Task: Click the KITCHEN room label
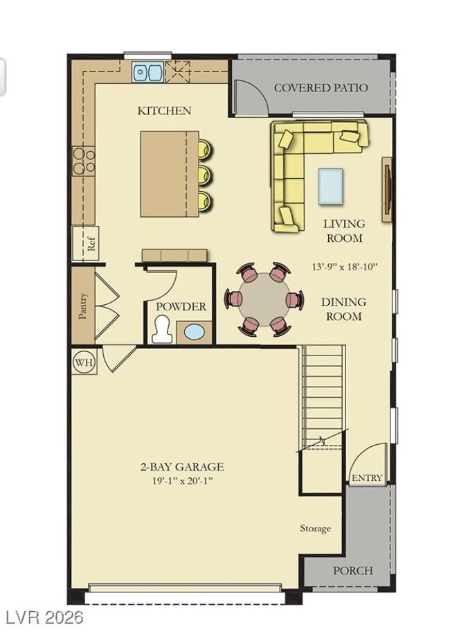point(164,110)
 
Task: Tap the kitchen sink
point(147,71)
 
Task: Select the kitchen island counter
point(169,174)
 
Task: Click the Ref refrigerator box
point(86,243)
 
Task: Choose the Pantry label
point(83,305)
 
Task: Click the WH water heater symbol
point(84,361)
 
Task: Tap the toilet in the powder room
point(161,330)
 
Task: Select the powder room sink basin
point(194,332)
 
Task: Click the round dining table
point(264,299)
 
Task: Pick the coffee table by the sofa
point(330,186)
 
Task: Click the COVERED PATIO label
point(321,88)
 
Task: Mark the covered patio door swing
point(250,97)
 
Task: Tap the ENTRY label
point(366,478)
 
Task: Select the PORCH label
point(352,571)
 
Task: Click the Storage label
point(315,528)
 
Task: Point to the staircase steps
point(323,395)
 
